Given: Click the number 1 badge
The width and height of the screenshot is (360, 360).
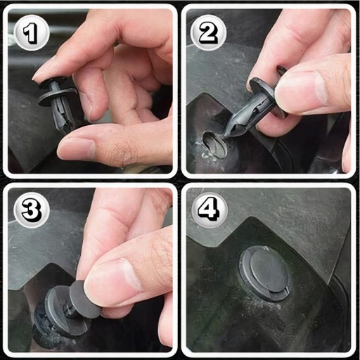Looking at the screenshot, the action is click(32, 33).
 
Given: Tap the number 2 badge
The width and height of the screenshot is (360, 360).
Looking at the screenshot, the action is click(208, 33).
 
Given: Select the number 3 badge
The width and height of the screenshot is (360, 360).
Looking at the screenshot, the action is click(32, 210).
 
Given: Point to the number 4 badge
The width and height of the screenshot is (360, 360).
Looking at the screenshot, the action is click(210, 210).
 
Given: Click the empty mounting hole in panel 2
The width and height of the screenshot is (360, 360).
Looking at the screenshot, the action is click(214, 143).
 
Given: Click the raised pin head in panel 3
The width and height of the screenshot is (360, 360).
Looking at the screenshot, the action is click(83, 299).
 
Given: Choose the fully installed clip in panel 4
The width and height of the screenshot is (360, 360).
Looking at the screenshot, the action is click(264, 273).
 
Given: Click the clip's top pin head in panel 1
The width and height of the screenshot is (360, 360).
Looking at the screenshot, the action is click(53, 81).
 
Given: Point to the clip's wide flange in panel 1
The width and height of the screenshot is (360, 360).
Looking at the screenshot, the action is click(58, 96).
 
